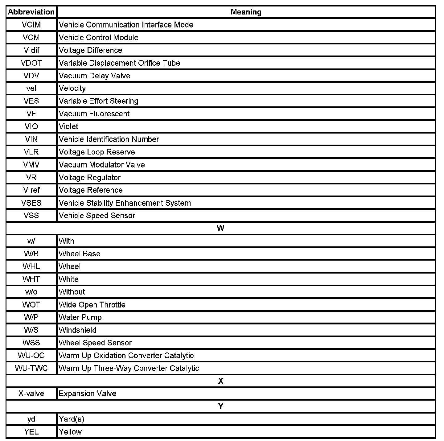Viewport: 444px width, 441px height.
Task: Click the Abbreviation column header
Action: (31, 12)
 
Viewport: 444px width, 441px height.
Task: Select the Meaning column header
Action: (246, 12)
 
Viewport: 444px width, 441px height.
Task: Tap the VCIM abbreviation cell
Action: (31, 25)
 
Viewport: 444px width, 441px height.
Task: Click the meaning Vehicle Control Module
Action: (98, 38)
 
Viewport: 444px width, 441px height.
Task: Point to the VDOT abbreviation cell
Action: (31, 63)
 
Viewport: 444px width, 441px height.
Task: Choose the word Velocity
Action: (72, 89)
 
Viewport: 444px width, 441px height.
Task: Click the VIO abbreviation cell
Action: (31, 126)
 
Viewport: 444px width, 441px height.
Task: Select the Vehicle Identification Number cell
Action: (109, 139)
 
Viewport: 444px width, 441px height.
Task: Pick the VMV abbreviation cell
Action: (31, 165)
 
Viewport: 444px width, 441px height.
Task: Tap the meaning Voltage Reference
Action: (91, 190)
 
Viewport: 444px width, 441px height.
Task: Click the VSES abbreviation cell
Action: (31, 203)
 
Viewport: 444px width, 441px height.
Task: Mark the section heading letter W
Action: (220, 228)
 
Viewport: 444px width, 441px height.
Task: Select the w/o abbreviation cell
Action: (31, 292)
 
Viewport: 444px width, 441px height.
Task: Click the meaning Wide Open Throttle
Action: (92, 305)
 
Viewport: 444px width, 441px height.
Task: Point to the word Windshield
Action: (77, 330)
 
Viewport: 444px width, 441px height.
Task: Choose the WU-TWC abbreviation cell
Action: (31, 368)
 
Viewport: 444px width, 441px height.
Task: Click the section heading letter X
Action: (220, 381)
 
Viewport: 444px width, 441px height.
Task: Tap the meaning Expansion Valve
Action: (87, 394)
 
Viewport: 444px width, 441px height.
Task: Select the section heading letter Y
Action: (220, 406)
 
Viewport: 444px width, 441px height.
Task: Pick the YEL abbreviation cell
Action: (31, 432)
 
